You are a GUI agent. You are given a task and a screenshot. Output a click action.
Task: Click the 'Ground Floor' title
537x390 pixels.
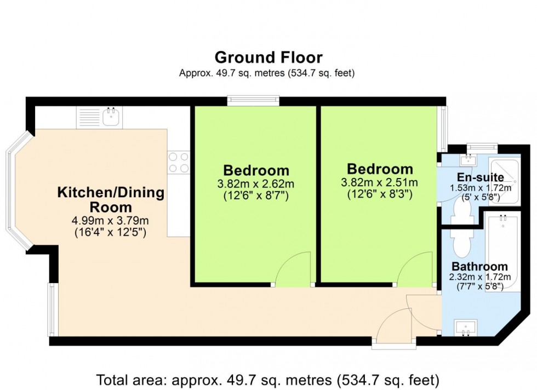268,58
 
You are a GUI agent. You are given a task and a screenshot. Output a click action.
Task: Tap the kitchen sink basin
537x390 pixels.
112,116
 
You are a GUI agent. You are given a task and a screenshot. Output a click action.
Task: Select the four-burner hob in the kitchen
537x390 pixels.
178,163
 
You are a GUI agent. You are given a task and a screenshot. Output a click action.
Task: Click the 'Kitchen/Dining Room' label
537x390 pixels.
111,200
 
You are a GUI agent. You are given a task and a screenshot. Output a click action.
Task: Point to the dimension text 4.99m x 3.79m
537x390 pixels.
111,221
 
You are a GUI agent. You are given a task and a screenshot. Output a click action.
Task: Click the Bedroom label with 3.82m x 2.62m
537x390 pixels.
256,170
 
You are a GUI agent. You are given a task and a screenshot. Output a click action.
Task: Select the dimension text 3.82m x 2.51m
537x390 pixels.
380,183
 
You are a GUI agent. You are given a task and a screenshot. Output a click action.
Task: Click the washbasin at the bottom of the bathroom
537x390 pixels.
466,328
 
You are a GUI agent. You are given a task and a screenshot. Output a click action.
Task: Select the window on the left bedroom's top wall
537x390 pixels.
253,100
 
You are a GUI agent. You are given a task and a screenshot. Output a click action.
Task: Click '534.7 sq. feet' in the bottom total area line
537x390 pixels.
389,379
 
